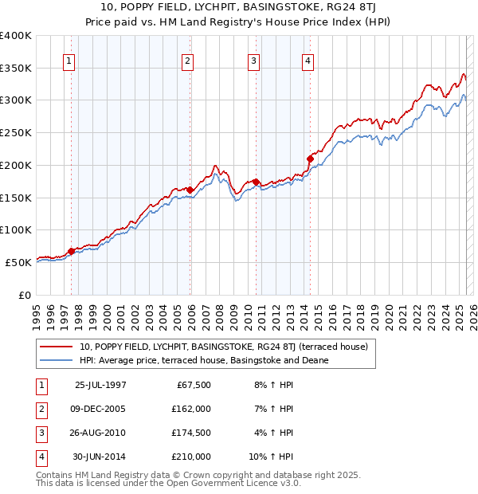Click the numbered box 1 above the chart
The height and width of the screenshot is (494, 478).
(x=69, y=61)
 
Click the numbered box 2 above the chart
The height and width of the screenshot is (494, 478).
(x=186, y=61)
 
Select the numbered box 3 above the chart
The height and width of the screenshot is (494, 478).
(x=253, y=61)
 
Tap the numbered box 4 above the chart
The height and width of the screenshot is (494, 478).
(x=308, y=61)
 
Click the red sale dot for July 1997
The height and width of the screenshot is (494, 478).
(x=71, y=251)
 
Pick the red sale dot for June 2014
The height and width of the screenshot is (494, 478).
(x=310, y=159)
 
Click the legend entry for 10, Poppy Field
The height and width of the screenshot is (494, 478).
(x=223, y=347)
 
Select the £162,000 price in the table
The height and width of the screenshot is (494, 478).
(x=191, y=409)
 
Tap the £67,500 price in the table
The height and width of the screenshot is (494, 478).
(x=194, y=385)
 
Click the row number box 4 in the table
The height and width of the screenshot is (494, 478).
(x=40, y=457)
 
